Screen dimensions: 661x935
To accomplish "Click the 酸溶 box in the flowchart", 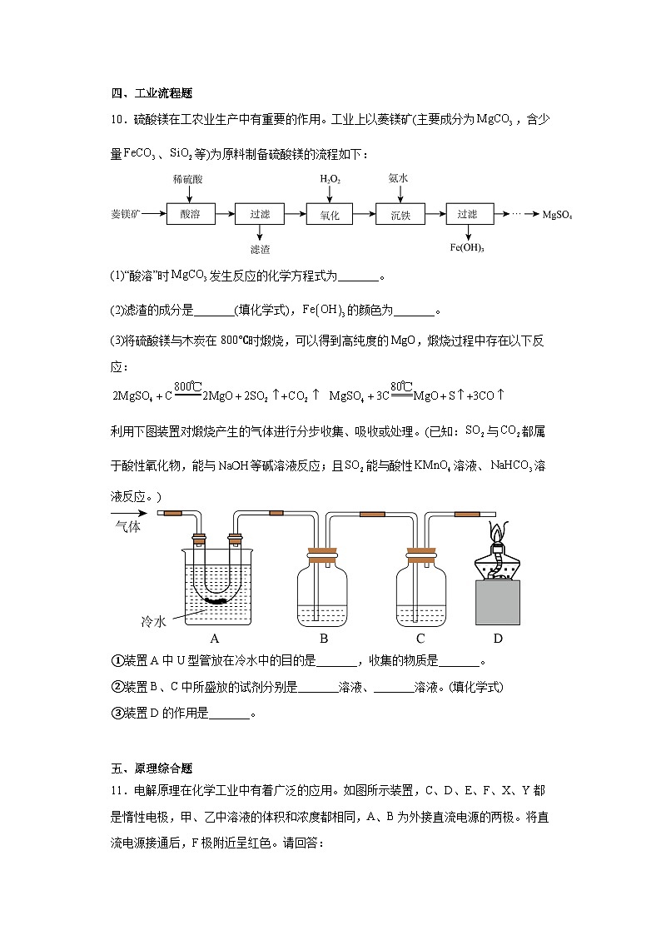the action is point(190,214).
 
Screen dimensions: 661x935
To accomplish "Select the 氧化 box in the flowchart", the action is point(330,214).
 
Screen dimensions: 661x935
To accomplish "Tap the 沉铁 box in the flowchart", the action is point(400,214).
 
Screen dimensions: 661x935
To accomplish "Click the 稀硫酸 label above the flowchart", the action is point(188,179).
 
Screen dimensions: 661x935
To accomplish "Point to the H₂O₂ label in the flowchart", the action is point(330,179).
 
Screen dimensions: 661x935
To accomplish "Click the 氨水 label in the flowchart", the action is point(398,178).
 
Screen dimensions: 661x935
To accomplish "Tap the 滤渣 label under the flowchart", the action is point(260,249).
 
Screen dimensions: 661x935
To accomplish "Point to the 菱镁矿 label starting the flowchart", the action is point(126,214).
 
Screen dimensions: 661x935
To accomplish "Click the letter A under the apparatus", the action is point(214,639).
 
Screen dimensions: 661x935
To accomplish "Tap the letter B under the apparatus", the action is point(324,639).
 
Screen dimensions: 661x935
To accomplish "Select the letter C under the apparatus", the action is point(420,639).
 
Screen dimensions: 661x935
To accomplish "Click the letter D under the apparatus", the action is point(498,639).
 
